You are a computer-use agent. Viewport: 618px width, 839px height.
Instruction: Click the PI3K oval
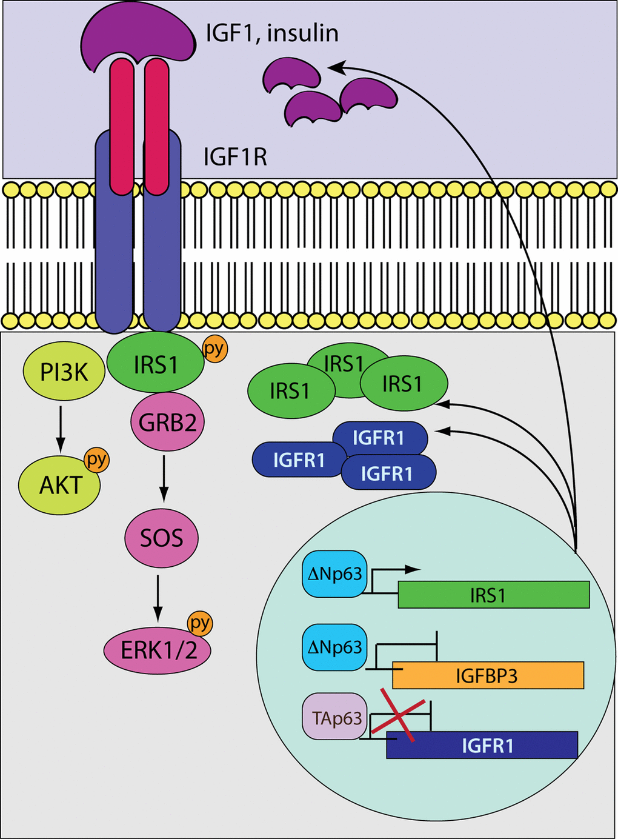click(x=64, y=371)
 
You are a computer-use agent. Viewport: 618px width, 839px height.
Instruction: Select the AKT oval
click(x=59, y=486)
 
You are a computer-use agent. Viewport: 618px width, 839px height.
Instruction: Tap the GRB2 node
click(x=167, y=422)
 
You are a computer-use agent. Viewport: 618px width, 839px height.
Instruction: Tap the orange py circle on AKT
click(x=96, y=460)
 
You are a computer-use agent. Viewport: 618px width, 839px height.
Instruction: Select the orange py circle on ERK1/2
click(x=200, y=623)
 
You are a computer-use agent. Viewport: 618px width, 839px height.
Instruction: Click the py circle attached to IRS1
click(x=214, y=349)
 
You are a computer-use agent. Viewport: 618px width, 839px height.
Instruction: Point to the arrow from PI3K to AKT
click(x=60, y=429)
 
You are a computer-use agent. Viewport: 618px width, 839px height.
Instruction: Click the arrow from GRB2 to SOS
click(x=163, y=479)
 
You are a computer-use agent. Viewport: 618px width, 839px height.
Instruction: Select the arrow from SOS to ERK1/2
click(x=158, y=598)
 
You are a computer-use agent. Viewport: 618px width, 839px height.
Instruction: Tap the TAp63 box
click(x=334, y=718)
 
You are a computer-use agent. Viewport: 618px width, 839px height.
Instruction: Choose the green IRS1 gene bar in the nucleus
click(x=493, y=595)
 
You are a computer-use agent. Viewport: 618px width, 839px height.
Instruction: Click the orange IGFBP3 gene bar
click(x=488, y=675)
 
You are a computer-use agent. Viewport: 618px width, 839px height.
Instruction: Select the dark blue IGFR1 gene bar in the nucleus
click(x=482, y=745)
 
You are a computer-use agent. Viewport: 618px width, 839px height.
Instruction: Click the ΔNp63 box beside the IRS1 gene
click(x=334, y=573)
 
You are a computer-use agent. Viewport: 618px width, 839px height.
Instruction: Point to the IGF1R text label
click(x=235, y=158)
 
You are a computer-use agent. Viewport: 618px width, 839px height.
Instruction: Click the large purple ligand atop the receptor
click(x=138, y=35)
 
